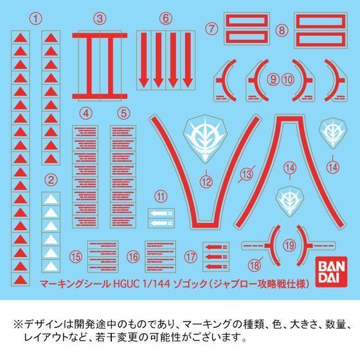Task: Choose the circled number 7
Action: pos(210,27)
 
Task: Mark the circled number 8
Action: pos(282,30)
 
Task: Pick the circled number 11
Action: pos(160,195)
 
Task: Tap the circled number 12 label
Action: pos(206,182)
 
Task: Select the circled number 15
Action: pos(77,256)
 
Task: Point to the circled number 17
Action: pos(191,256)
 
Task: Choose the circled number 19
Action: pos(289,244)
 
